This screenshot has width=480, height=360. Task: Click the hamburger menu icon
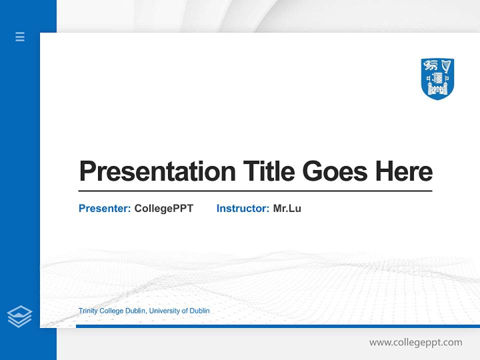(x=20, y=36)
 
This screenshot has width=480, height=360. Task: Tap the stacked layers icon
(x=19, y=316)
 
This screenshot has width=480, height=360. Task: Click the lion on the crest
(x=430, y=65)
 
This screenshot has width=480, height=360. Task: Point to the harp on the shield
(x=446, y=66)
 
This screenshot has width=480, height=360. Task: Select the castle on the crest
(x=437, y=90)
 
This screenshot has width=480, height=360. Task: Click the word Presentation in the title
(x=157, y=171)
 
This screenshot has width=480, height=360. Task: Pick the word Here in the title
(x=404, y=171)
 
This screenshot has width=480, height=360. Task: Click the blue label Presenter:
(x=104, y=208)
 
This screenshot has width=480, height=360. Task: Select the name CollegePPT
(x=163, y=208)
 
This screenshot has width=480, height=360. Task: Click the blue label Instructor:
(x=242, y=208)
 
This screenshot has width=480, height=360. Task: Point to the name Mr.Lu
(x=287, y=208)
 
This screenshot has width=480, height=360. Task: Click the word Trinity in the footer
(x=88, y=311)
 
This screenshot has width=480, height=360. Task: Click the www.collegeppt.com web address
(x=415, y=342)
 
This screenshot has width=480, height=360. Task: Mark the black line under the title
(x=255, y=191)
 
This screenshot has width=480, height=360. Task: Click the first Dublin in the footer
(x=135, y=311)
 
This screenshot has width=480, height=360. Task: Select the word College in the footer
(x=111, y=311)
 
